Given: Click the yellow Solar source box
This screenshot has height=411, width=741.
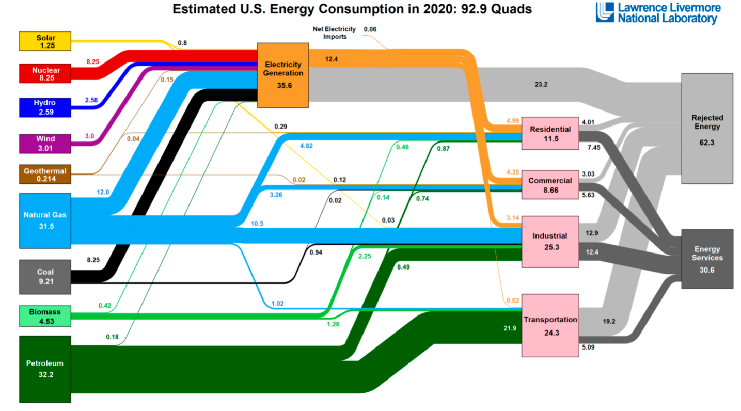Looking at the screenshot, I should point(45,41).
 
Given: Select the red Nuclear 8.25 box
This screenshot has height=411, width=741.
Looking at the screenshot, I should point(45,73).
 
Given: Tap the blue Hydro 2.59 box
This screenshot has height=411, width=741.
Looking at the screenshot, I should point(45,106).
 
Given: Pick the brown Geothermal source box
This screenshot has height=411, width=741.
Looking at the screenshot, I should point(45,175).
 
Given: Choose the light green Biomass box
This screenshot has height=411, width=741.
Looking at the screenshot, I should point(45,315).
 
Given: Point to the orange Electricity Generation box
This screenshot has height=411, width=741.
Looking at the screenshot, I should point(283,75).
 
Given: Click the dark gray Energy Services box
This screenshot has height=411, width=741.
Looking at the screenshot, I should point(707,258).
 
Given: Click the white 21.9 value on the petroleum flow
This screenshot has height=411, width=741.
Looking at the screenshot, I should point(511,327).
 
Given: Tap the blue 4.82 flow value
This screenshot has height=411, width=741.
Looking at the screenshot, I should point(306,146).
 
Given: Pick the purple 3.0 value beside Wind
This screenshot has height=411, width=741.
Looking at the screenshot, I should point(90,135).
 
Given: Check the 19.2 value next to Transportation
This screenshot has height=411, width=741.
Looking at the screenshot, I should point(609,321).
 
